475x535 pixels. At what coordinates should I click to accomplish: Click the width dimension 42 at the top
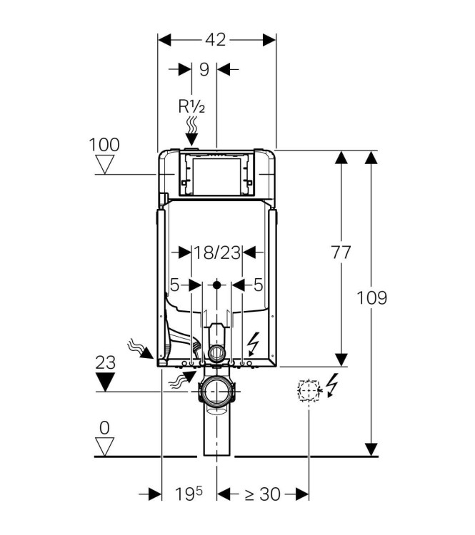coord(216,40)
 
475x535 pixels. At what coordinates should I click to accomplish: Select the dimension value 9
coord(204,69)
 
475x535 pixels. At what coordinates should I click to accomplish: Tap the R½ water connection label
coord(192,107)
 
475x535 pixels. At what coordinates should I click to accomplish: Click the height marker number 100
coord(104,145)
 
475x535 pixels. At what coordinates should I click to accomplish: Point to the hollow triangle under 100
coord(106,166)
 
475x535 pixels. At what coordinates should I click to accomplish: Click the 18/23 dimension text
coord(217,252)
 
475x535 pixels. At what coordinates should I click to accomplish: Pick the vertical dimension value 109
coord(372,297)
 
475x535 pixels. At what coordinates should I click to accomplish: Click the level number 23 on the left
coord(105,362)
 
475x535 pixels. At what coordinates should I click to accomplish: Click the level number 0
coord(105,427)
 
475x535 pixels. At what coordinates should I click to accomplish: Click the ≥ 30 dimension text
coord(262,494)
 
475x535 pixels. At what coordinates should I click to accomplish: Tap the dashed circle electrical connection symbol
coord(308,391)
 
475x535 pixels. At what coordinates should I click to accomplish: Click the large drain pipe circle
coord(217,392)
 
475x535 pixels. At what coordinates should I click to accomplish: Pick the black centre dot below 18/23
coord(217,285)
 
